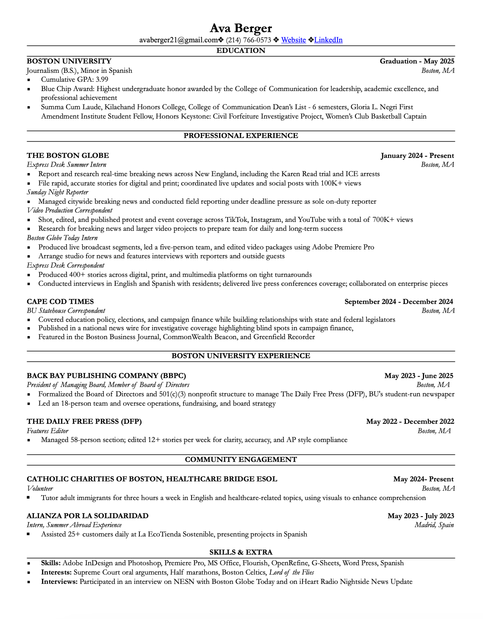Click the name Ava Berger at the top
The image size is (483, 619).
click(x=241, y=28)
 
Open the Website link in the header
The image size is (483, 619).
click(x=293, y=40)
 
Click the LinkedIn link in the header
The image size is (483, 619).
click(x=328, y=40)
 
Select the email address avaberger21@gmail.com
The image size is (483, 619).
click(x=178, y=40)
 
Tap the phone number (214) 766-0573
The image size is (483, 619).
click(x=248, y=40)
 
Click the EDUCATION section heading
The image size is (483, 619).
click(x=241, y=51)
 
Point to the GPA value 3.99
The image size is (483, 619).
click(x=102, y=80)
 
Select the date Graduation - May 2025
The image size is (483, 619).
click(x=417, y=61)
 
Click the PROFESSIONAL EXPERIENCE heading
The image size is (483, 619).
click(x=241, y=136)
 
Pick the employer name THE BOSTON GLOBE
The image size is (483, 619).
click(x=68, y=156)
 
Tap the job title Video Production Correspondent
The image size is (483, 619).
click(x=69, y=210)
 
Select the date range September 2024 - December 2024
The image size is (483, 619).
click(x=399, y=302)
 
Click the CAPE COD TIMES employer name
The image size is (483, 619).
click(x=60, y=302)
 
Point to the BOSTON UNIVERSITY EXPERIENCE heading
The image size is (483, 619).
click(x=241, y=356)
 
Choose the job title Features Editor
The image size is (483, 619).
click(x=47, y=431)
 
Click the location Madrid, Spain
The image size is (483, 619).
click(x=434, y=525)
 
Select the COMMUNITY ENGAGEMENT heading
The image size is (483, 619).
click(x=241, y=460)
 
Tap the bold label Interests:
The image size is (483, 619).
click(x=56, y=572)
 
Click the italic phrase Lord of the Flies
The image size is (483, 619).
click(x=291, y=572)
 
